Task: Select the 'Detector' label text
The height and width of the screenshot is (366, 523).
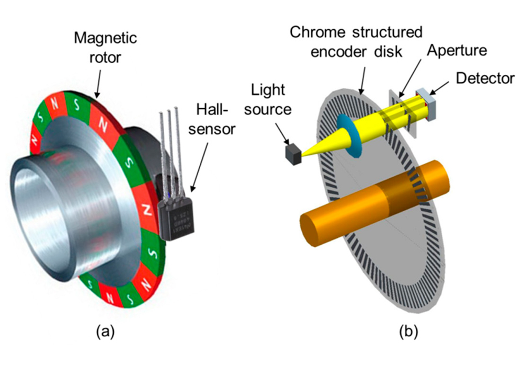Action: [484, 79]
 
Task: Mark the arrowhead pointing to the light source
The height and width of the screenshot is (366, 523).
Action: [288, 142]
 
